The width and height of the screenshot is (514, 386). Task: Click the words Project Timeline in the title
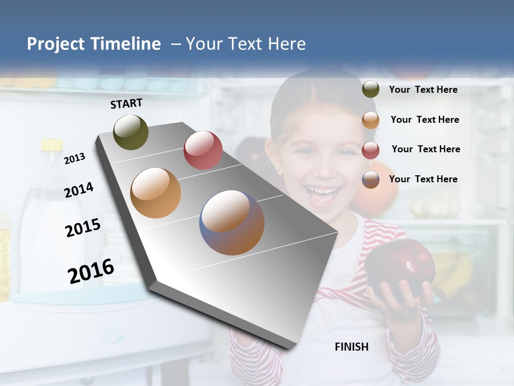[x=94, y=44]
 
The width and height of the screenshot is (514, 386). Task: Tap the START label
[x=126, y=103]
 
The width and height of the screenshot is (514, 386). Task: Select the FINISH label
[x=351, y=347]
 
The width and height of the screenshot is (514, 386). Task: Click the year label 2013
[x=75, y=158]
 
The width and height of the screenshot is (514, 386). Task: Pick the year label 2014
[x=79, y=190]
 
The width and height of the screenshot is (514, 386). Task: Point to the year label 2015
[x=83, y=228]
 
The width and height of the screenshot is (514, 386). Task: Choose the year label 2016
[x=91, y=271]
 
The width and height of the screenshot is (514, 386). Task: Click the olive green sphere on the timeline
[x=131, y=132]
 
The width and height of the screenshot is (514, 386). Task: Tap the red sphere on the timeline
[x=203, y=150]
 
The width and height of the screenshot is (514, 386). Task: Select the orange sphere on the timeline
[x=155, y=193]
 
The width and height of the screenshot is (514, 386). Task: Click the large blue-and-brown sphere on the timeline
[x=232, y=222]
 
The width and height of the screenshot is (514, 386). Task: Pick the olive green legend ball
[x=371, y=90]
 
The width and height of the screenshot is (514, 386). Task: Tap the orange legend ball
[x=371, y=120]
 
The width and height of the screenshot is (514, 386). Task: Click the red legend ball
[x=371, y=150]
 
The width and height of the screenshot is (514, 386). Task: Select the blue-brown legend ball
[x=371, y=180]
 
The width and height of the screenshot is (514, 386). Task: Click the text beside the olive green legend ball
[x=423, y=90]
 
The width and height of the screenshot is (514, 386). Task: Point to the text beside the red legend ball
[x=426, y=149]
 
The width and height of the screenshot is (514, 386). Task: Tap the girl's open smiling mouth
[x=321, y=195]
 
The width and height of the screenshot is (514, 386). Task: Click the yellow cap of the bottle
[x=52, y=145]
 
